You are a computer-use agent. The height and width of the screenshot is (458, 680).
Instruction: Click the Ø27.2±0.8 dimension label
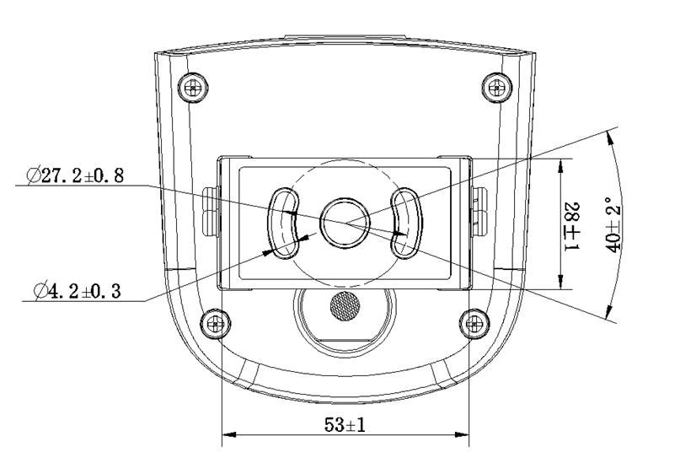(x=75, y=175)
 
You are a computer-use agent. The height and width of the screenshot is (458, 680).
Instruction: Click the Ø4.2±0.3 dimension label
(x=78, y=290)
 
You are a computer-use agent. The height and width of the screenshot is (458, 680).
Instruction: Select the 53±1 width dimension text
(x=345, y=424)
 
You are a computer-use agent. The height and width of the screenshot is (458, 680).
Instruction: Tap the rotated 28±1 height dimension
(x=572, y=226)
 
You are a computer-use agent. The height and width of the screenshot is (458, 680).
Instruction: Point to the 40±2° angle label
(x=613, y=224)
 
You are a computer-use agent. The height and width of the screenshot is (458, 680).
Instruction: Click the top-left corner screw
(x=193, y=88)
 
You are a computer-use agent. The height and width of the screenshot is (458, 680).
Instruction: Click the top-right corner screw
(x=497, y=88)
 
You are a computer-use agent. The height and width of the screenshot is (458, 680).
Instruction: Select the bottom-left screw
(x=216, y=323)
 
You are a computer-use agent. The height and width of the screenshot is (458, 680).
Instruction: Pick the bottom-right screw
(x=474, y=323)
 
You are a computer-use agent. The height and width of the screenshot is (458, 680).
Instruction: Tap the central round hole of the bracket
(x=345, y=224)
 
